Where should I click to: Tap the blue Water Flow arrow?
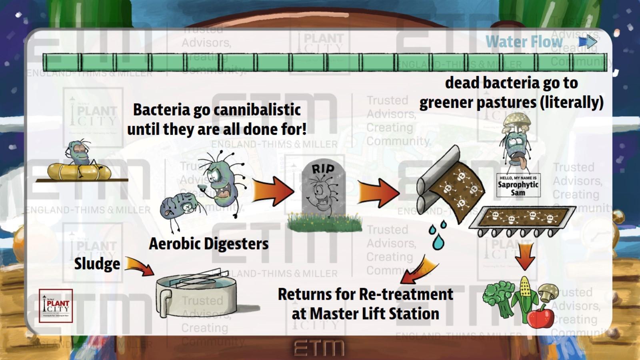pyautogui.click(x=588, y=41)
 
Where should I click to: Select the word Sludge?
pyautogui.click(x=97, y=264)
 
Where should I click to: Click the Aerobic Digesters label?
pyautogui.click(x=208, y=244)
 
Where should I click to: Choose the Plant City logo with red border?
pyautogui.click(x=56, y=306)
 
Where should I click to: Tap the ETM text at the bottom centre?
pyautogui.click(x=318, y=348)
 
